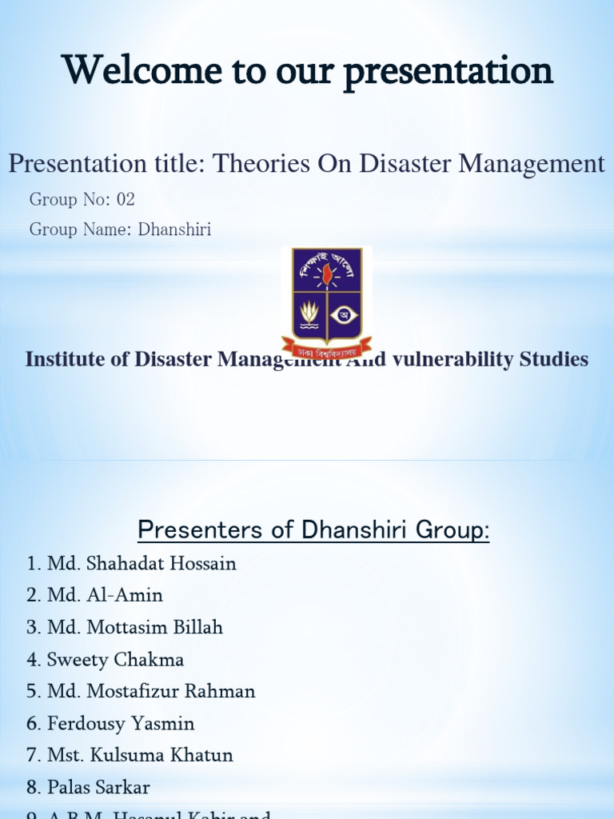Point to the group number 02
(x=126, y=200)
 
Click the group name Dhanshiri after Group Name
(x=174, y=230)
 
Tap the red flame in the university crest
(x=326, y=274)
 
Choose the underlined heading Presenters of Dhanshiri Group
(x=313, y=529)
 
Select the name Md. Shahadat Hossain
(x=142, y=564)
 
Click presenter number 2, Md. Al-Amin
(x=105, y=596)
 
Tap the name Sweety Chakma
(x=115, y=660)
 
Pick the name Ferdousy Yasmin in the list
(x=121, y=724)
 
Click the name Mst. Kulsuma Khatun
(x=140, y=756)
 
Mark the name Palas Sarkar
(x=98, y=788)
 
